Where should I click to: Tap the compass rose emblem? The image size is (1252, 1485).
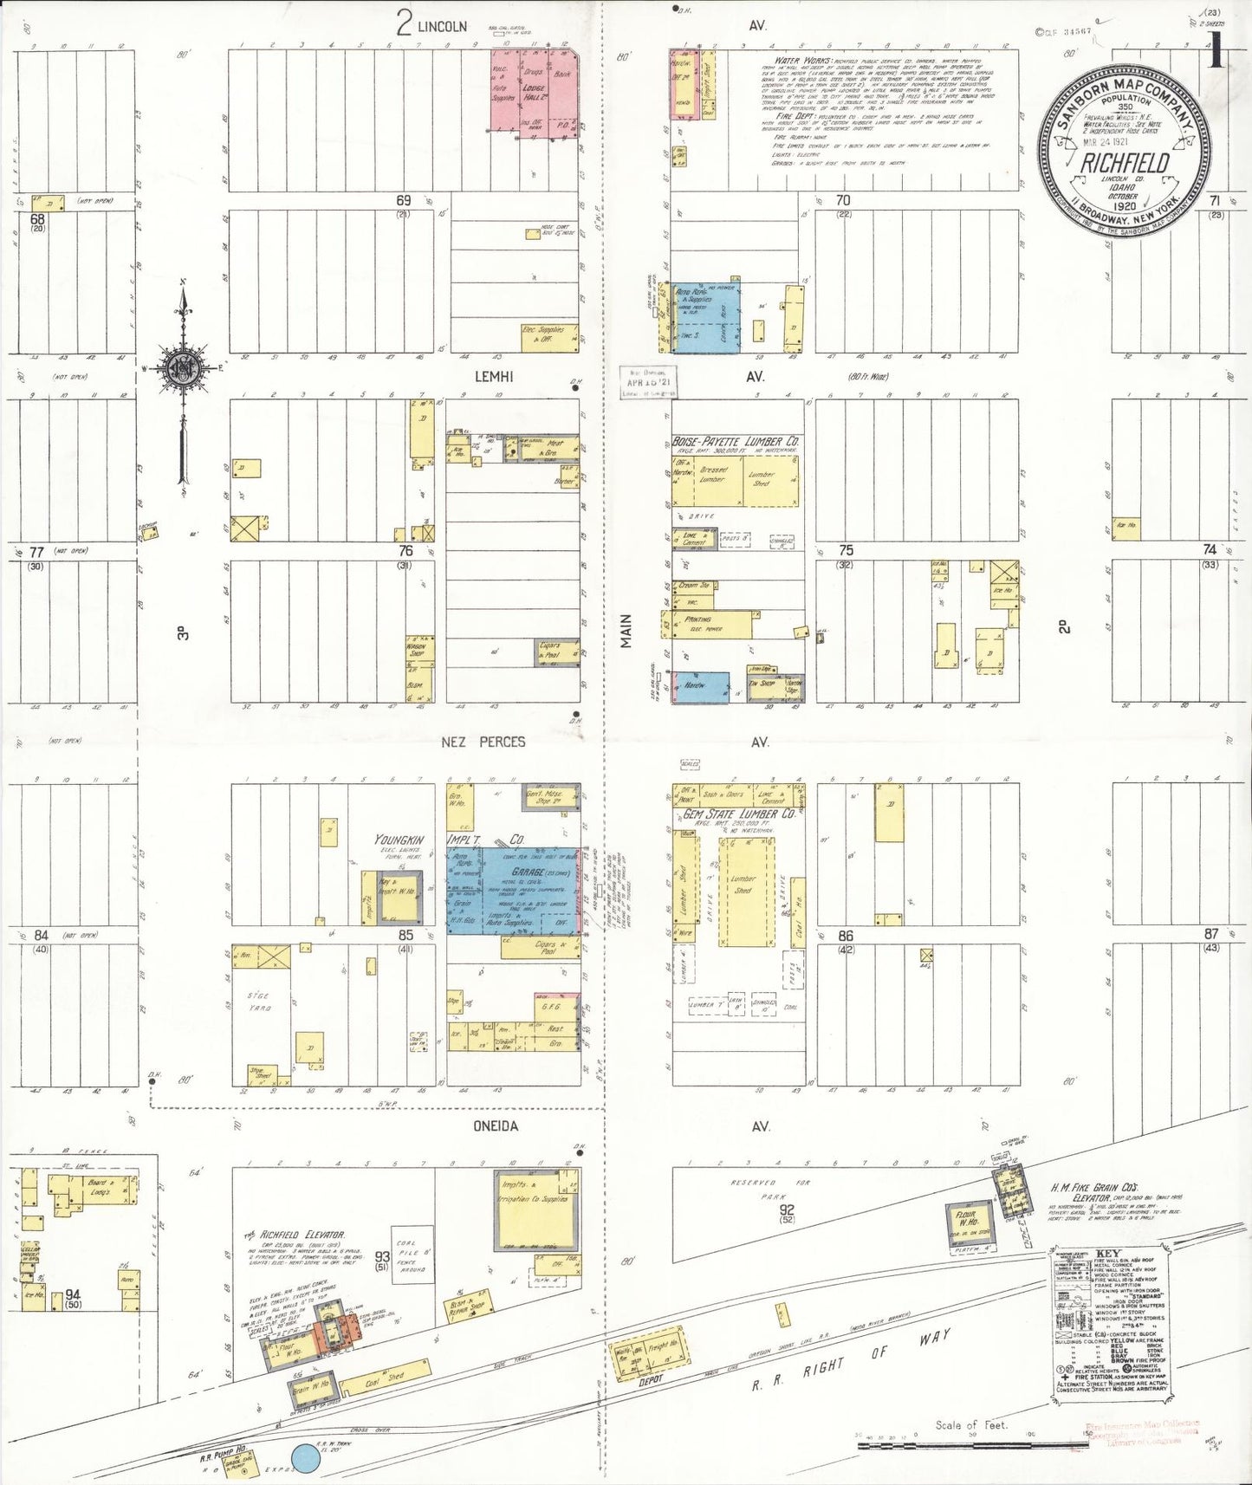click(x=185, y=367)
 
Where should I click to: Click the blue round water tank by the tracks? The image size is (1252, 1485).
click(x=305, y=1458)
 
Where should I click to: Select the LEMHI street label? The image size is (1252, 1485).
click(x=494, y=376)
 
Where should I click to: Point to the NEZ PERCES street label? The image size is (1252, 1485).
click(x=483, y=742)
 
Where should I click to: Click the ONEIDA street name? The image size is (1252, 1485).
click(x=496, y=1126)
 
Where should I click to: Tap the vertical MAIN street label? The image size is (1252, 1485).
click(x=626, y=631)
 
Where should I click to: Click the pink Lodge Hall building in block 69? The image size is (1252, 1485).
click(x=535, y=91)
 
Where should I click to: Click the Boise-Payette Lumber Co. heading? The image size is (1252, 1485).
click(x=736, y=442)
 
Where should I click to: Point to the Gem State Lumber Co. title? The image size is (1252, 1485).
click(x=738, y=815)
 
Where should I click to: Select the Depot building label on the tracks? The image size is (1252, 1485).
click(x=651, y=1380)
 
